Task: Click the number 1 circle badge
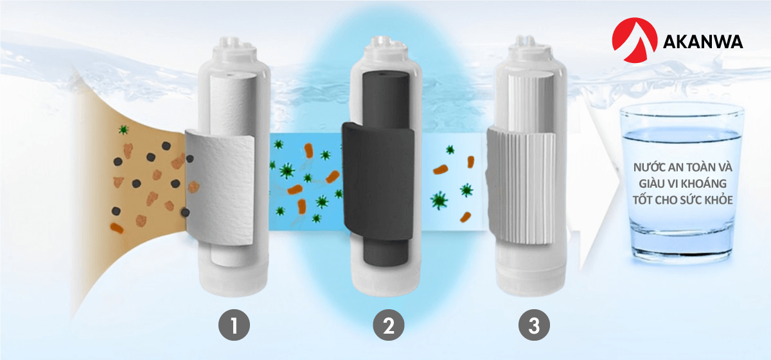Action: coord(234,325)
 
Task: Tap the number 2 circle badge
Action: coord(389,325)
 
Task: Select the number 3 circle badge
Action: coord(534,325)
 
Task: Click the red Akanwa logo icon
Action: coord(634,40)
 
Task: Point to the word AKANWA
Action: coord(702,42)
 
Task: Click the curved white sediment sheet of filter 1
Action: coord(220,188)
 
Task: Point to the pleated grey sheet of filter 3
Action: coord(522,186)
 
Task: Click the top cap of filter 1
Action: coord(235,48)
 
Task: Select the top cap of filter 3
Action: coord(531,48)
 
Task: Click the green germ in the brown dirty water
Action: coord(123,129)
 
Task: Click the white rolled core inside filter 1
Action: coord(233,104)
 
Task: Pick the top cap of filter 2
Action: coord(387,48)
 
